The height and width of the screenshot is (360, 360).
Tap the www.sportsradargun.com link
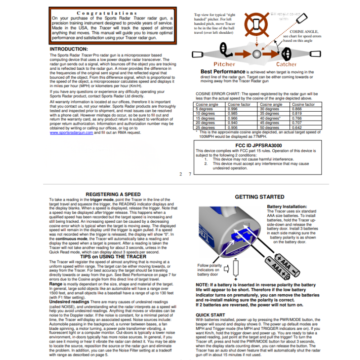click(x=71, y=133)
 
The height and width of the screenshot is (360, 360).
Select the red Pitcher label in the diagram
click(x=224, y=64)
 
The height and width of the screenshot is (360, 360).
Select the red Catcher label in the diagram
click(x=286, y=64)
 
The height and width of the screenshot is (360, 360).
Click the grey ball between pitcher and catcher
click(x=256, y=54)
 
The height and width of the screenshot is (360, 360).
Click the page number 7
click(x=191, y=173)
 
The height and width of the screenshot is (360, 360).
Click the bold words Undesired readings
click(x=69, y=301)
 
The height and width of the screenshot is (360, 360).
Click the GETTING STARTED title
click(x=260, y=197)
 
